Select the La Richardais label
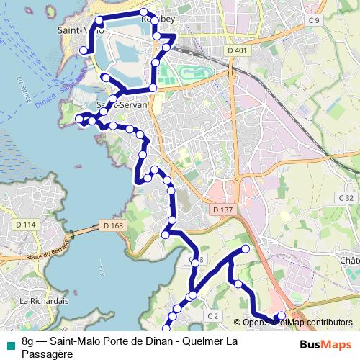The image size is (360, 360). tap(43, 300)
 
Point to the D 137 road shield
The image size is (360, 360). tap(225, 210)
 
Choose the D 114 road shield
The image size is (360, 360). tap(25, 225)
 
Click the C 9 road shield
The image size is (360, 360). tap(313, 20)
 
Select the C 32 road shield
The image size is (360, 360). tap(347, 198)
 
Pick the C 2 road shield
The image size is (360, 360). tap(212, 315)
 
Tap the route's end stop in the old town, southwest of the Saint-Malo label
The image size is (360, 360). tap(84, 50)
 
